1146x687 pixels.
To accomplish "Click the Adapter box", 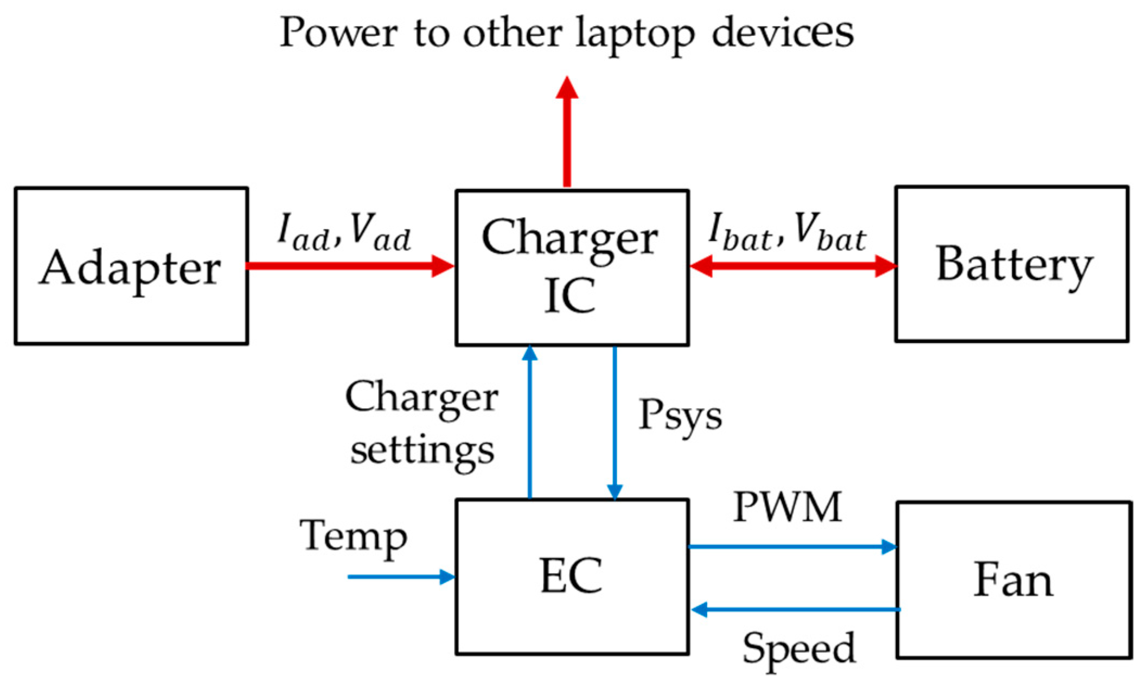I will point(131,266).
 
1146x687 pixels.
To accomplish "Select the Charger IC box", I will point(572,268).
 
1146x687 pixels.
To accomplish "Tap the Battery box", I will point(1012,264).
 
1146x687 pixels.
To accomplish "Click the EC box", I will point(572,577).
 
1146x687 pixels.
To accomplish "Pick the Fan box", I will point(1014,580).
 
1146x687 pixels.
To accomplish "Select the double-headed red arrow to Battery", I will point(792,266).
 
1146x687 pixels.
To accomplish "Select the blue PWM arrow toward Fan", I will point(792,546).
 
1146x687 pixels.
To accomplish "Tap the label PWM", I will point(788,507).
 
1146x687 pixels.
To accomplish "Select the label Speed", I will point(799,648).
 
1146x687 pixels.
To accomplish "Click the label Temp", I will point(353,537).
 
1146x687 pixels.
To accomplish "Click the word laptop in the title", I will point(635,34).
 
